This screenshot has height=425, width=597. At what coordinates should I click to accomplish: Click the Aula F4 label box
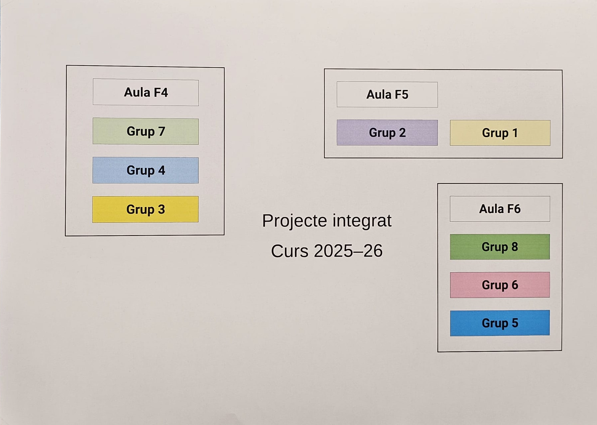(x=146, y=93)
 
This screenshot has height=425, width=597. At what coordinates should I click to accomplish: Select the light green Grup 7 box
(x=146, y=131)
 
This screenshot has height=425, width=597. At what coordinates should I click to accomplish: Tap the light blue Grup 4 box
(x=146, y=170)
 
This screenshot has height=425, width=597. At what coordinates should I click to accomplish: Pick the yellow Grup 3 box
(x=145, y=209)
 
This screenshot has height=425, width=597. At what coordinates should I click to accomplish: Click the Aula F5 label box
(x=387, y=95)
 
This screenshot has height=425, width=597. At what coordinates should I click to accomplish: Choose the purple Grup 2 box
(x=387, y=133)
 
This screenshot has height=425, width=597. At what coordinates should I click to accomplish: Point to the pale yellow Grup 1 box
(x=500, y=133)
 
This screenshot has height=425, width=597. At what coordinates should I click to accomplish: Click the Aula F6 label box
(x=500, y=209)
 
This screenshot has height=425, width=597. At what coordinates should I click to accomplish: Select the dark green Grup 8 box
(x=500, y=247)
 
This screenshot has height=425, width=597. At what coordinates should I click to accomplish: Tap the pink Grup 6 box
(x=500, y=285)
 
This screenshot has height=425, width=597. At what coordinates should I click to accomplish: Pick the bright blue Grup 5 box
(x=500, y=323)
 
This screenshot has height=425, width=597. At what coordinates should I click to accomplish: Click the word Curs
(x=290, y=251)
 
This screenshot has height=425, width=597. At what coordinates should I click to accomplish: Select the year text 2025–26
(x=348, y=251)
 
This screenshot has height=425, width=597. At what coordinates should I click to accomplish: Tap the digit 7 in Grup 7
(x=162, y=131)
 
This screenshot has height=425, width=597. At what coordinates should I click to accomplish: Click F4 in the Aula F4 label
(x=161, y=93)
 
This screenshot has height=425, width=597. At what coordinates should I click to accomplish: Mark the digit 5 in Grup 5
(x=515, y=323)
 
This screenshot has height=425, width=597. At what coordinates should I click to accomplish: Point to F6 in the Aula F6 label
(x=514, y=209)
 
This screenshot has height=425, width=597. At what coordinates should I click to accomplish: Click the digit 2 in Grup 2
(x=402, y=133)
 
